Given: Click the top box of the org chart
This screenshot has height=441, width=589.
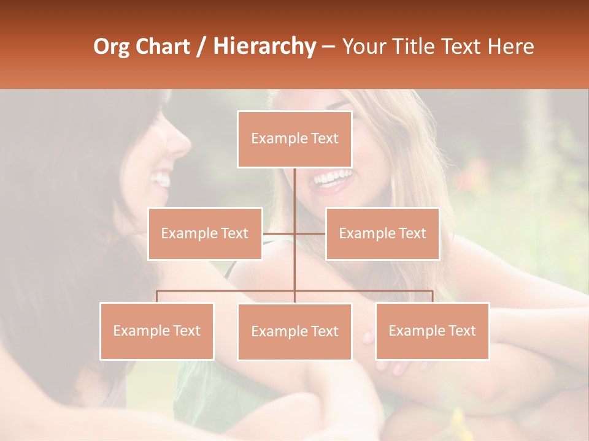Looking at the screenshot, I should coord(294,139).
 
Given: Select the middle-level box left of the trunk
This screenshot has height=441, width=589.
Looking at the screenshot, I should coord(205,233).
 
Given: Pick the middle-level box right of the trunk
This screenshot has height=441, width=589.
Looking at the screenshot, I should coord(382,233).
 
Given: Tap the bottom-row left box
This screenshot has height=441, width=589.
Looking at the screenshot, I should coord(157,331).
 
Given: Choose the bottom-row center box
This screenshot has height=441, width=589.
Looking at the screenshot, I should coord(294,331).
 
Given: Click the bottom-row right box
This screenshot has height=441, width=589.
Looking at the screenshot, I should coord(432,331).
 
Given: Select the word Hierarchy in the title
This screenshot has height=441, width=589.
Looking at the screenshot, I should coord(264,47).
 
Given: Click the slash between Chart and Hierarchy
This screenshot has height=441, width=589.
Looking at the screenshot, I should coord(201,47).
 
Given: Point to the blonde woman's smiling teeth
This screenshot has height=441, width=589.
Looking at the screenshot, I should coord(333,178).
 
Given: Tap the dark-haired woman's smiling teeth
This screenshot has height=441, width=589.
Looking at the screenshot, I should coord(161,179).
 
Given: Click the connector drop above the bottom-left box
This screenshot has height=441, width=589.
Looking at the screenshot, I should coord(157,296).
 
